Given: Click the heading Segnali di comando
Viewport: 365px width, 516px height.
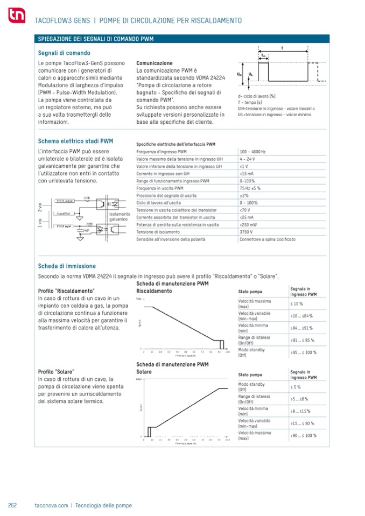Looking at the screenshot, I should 64,53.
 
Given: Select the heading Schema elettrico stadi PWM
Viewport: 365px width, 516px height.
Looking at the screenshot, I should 75,142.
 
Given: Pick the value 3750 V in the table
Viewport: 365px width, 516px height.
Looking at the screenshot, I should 247,231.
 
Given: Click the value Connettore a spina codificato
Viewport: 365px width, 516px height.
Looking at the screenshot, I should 268,238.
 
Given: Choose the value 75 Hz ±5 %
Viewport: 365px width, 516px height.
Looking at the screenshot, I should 250,188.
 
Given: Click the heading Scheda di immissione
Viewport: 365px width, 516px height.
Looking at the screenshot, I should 67,266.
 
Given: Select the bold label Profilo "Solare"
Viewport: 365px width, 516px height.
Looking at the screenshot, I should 57,372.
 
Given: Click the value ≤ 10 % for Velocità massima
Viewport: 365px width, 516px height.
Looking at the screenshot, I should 297,304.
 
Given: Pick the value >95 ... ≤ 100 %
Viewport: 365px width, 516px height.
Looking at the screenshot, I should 303,352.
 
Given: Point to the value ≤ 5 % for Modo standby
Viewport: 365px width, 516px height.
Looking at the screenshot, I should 296,387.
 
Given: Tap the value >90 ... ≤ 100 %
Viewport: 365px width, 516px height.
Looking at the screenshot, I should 303,435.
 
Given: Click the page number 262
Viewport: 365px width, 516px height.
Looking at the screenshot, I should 13,506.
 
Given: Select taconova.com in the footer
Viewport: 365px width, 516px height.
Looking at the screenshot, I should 51,506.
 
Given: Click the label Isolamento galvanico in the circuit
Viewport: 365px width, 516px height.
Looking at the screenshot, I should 119,217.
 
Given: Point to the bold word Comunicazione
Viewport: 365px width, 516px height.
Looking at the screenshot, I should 155,63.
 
